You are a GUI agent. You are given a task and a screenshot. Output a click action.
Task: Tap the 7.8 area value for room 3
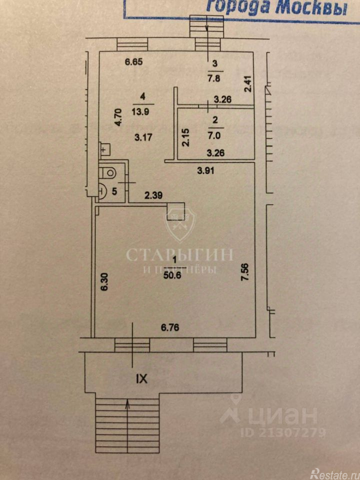[x=215, y=78]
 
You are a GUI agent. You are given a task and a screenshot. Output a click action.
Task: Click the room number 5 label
[x=115, y=190]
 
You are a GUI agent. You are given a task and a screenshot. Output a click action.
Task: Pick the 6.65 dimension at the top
[x=134, y=62]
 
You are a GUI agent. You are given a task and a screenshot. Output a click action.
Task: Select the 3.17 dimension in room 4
[x=143, y=135]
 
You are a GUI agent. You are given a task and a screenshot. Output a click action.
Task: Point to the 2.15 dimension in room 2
[x=186, y=137]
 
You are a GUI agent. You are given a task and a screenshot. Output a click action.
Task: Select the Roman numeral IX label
[x=142, y=379]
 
